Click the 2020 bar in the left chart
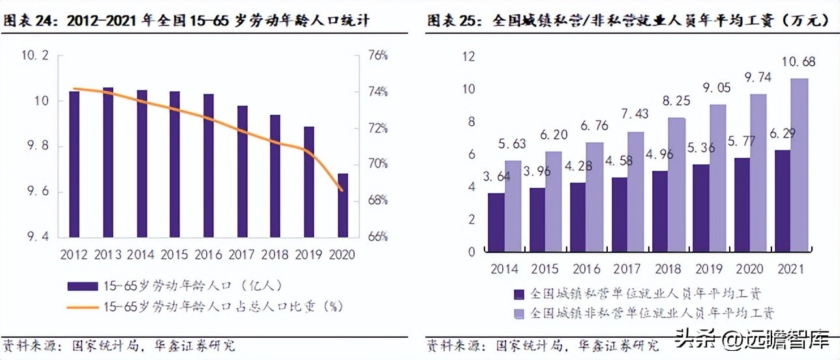coord(342,205)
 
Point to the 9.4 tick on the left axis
coord(36,237)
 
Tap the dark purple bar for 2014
coord(496,222)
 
